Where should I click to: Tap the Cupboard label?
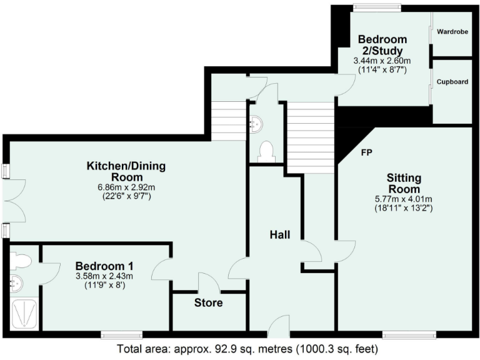tap(452, 82)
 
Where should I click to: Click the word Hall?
tap(279, 234)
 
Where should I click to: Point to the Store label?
tap(208, 303)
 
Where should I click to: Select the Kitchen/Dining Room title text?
tap(126, 172)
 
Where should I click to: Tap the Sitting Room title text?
tap(403, 184)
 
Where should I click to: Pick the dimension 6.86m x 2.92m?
tap(126, 187)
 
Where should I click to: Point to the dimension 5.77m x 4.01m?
tap(403, 199)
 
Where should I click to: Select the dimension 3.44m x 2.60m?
tap(381, 61)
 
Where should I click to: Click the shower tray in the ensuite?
tap(25, 314)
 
